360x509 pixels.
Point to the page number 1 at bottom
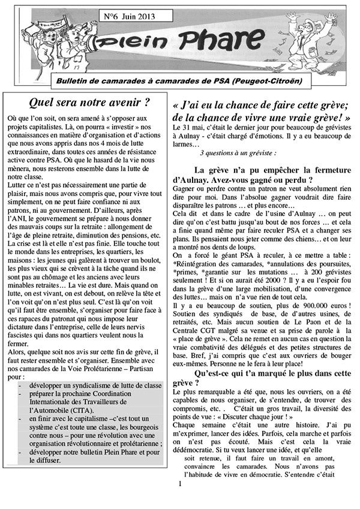[x=179, y=499]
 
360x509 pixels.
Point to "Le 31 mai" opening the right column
[x=187, y=128]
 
